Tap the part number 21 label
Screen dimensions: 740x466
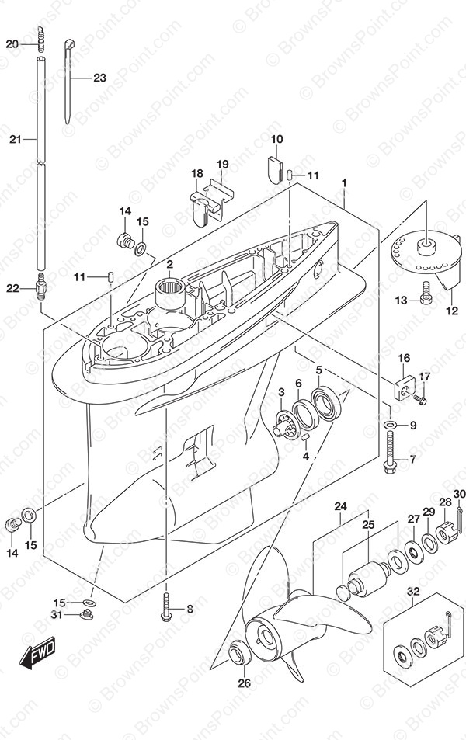(14, 139)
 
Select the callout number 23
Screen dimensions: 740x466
(99, 78)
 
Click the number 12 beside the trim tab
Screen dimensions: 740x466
(452, 311)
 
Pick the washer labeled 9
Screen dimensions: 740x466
(389, 425)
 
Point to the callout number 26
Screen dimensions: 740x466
(245, 684)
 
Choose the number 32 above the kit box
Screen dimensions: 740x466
(413, 592)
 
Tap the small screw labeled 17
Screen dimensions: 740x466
(420, 399)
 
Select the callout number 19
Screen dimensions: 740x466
(222, 164)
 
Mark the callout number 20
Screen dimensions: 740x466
(12, 44)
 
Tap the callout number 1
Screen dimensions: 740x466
(343, 184)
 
